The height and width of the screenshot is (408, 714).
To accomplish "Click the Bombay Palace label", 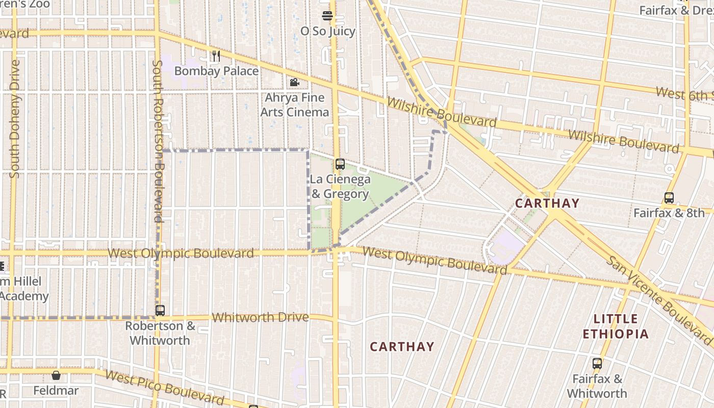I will [216, 71].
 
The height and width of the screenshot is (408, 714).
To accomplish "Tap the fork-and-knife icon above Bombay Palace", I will [216, 56].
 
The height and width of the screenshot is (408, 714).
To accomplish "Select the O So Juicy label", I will [327, 31].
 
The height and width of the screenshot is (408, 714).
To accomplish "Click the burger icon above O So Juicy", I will [327, 16].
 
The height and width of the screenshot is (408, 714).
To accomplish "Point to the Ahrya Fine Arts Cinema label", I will [295, 105].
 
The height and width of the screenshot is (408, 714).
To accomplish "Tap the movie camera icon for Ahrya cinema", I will [294, 82].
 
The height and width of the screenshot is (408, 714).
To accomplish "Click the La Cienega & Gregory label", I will [340, 187].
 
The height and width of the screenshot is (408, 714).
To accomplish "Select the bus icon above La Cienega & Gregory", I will [340, 164].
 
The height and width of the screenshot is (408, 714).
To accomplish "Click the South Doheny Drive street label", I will [14, 119].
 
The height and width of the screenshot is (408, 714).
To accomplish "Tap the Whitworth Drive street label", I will [260, 317].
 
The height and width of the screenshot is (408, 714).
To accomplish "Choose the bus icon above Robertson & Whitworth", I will [160, 310].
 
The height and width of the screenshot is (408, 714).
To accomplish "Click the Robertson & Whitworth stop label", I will [160, 333].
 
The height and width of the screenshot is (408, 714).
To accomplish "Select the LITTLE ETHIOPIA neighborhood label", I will [616, 326].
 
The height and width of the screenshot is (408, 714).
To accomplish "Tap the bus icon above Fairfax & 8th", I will [669, 197].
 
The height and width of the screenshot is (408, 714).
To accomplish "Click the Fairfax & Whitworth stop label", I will [597, 386].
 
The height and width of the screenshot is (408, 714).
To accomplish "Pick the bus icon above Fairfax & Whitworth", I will [597, 364].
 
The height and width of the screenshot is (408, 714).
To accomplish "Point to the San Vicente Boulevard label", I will [659, 300].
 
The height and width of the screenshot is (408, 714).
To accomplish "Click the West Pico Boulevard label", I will [164, 387].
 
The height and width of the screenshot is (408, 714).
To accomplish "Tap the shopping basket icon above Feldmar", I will [56, 375].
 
